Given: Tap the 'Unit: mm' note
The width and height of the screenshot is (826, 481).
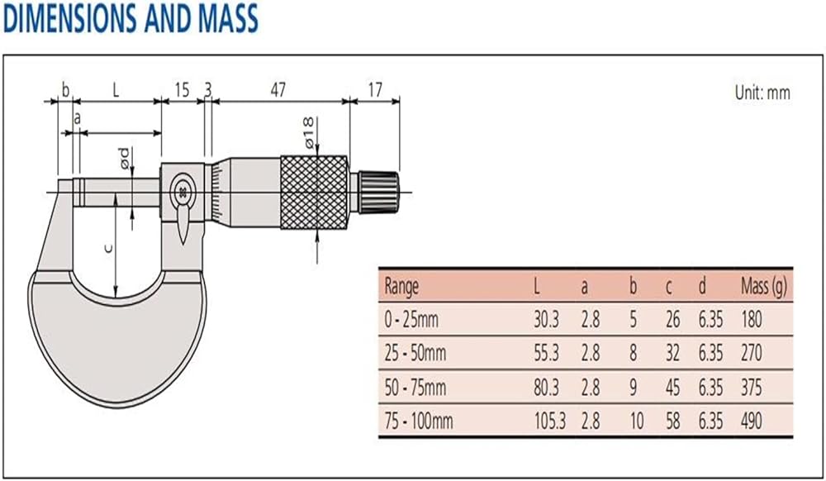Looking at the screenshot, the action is [762, 93].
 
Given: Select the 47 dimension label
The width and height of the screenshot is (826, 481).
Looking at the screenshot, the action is [278, 90].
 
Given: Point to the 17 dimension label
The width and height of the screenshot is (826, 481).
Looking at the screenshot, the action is [375, 90].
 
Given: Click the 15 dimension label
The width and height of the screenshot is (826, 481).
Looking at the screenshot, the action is [182, 90].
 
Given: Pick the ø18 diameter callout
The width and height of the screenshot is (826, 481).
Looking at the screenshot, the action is [309, 132].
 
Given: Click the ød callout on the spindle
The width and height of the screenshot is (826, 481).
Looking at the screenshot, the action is [125, 158].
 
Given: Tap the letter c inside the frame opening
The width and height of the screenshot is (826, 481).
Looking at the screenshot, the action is [108, 248].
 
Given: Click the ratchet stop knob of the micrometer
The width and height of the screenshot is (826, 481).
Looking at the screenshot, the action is [378, 193].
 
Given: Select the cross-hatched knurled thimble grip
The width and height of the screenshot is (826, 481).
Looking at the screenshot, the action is [314, 193].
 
